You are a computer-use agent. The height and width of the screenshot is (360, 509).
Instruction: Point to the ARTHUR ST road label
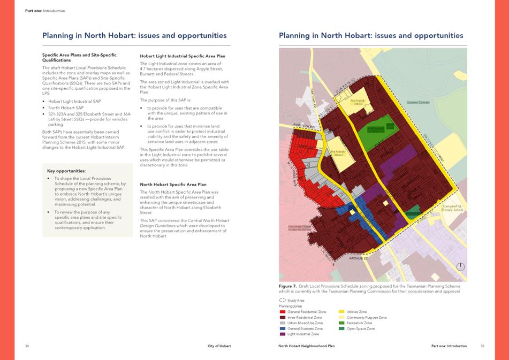[x=359, y=258]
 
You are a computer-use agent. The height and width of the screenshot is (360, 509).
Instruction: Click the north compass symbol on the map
[x=460, y=266]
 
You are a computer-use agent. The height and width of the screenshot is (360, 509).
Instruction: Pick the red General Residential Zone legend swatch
[x=283, y=311]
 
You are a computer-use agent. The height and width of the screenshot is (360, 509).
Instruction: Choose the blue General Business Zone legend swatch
[x=283, y=328]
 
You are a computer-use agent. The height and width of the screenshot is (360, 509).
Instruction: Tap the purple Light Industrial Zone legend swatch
[x=283, y=334]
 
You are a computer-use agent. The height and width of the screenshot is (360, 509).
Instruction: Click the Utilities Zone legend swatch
[x=341, y=311]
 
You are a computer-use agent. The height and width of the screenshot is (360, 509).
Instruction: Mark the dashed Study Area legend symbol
[x=282, y=301]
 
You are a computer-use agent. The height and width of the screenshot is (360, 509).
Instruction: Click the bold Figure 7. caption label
[x=287, y=286]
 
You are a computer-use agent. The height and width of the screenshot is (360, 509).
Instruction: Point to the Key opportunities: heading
[x=66, y=171]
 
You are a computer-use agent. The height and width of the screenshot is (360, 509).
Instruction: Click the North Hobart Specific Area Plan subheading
[x=172, y=184]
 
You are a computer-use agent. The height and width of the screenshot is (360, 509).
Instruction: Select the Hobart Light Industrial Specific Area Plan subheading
[x=183, y=56]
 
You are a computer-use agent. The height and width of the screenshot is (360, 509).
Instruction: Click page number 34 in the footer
[x=27, y=346]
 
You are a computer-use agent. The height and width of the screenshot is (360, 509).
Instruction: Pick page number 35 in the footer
[x=482, y=346]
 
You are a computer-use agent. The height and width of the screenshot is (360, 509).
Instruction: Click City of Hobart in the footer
[x=218, y=346]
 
